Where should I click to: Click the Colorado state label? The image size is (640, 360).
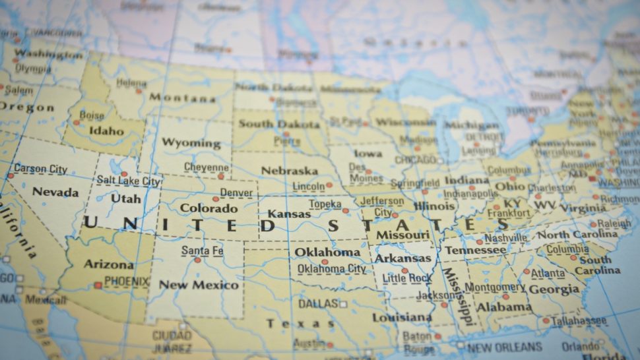(209, 208)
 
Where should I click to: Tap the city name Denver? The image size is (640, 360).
(236, 193)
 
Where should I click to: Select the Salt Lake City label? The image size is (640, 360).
(129, 181)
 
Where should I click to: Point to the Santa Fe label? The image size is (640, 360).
(202, 251)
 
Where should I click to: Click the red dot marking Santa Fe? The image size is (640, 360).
(197, 260)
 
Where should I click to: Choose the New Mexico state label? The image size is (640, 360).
(199, 285)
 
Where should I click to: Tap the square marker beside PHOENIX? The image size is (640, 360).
(98, 285)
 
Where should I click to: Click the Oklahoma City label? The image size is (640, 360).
(331, 269)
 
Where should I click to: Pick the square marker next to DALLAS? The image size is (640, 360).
(343, 305)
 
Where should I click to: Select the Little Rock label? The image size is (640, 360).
(408, 279)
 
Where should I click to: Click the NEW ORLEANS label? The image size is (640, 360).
(505, 347)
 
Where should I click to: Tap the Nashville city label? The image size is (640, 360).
(505, 238)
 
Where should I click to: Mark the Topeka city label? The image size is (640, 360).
(325, 204)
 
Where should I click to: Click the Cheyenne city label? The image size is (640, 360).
(206, 167)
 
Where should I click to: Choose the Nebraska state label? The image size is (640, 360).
(289, 170)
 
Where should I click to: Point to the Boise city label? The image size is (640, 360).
(92, 115)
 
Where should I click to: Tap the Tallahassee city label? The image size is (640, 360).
(579, 320)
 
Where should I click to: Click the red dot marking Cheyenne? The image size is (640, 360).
(221, 176)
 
